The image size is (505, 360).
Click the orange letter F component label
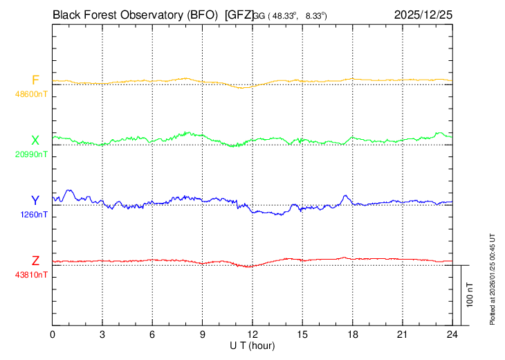pos(35,80)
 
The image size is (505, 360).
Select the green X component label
pos(35,141)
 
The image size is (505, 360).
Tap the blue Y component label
pos(35,201)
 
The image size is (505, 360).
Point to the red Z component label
pos(35,261)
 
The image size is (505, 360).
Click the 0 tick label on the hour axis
pos(53,334)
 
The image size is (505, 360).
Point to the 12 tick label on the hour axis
pos(252,334)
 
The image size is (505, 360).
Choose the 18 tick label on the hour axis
pos(352,334)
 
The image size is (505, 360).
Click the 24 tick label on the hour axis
pos(452,334)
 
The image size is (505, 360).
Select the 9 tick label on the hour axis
pos(203,334)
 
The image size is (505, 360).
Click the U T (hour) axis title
pos(252,345)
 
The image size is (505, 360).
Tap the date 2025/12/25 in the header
pos(423,14)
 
